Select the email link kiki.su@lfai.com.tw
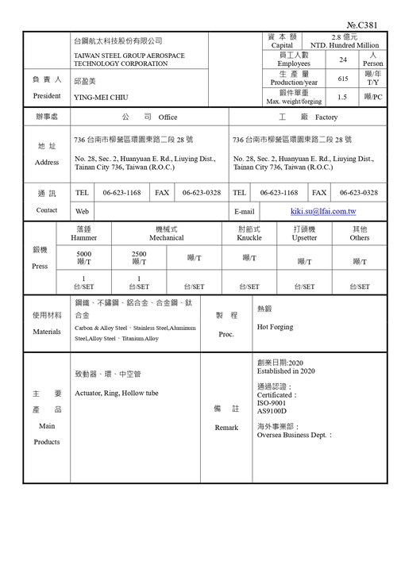[x=323, y=212]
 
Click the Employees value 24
[x=343, y=60]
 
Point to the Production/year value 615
[x=343, y=79]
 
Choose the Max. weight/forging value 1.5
[x=343, y=97]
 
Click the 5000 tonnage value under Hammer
[x=83, y=254]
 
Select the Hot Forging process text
[x=274, y=326]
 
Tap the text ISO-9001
[x=272, y=402]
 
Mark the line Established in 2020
[x=287, y=371]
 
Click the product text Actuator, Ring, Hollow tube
[x=116, y=393]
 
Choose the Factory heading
[x=326, y=117]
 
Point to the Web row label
[x=82, y=212]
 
